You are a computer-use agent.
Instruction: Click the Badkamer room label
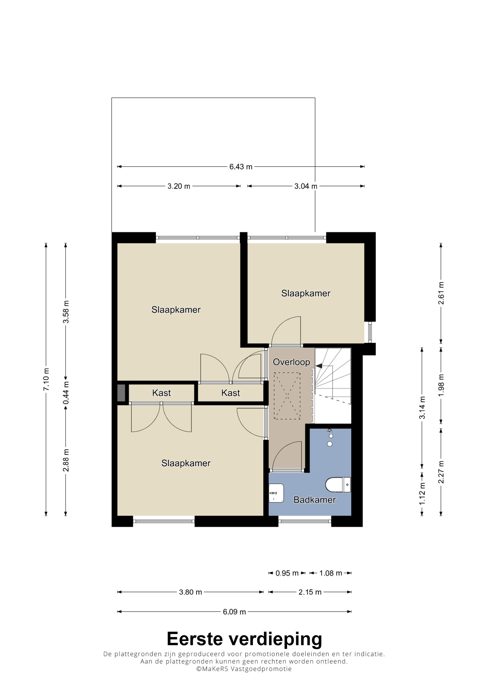point(314,500)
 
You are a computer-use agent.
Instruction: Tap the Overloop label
point(291,362)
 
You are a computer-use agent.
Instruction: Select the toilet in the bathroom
point(338,484)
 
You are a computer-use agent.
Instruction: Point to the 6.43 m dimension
point(241,167)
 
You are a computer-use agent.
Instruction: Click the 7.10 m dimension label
point(46,379)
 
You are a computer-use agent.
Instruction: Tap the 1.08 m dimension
point(330,573)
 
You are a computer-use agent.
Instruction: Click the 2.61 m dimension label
point(441,293)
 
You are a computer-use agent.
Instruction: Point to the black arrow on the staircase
point(319,366)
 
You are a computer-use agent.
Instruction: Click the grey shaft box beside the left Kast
point(121,393)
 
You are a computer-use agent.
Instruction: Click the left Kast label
point(162,393)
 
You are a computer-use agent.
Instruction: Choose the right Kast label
point(231,393)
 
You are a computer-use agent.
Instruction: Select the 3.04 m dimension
point(306,186)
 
